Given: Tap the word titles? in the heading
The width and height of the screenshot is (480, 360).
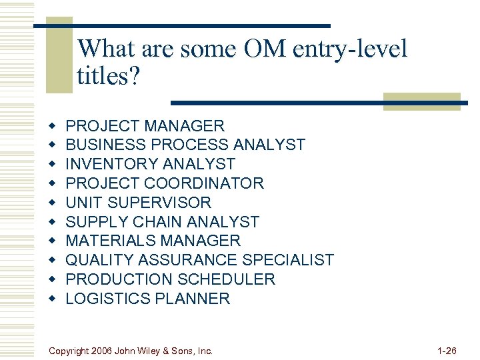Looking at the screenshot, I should point(109,76).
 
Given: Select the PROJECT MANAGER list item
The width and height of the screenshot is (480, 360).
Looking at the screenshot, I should point(145,125).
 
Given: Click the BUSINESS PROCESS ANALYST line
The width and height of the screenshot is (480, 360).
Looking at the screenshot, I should point(185,145).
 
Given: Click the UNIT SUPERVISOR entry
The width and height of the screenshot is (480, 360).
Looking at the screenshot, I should point(139,203).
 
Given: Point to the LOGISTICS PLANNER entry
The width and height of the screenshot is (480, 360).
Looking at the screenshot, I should point(148,299).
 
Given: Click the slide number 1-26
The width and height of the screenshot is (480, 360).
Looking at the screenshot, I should point(446,350).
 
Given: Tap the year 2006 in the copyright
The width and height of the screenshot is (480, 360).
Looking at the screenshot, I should point(99,351).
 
